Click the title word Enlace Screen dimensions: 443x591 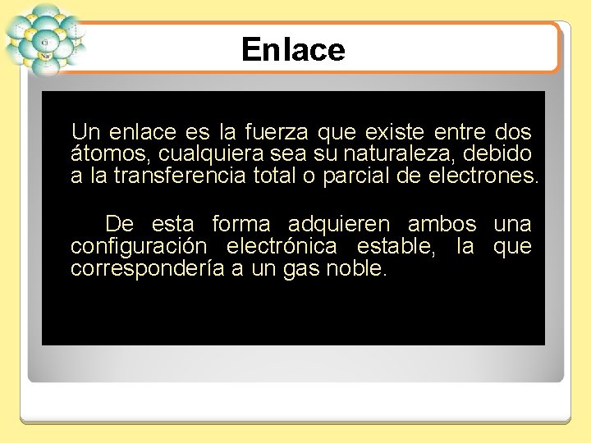point(293,50)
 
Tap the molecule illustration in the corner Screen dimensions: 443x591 point(45,39)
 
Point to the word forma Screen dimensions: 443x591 point(241,224)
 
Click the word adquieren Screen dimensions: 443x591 point(339,224)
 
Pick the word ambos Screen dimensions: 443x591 point(442,224)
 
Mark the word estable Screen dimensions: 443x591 point(397,246)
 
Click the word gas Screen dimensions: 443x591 point(300,268)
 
